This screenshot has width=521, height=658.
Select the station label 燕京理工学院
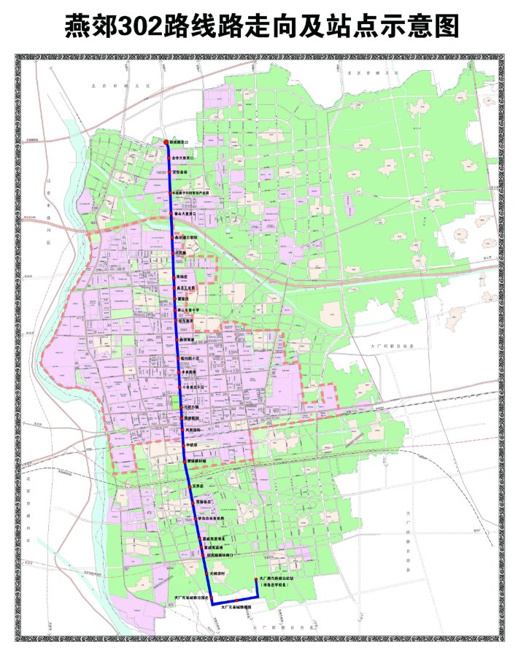coord(187,238)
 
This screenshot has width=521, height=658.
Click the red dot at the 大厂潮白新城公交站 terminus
coord(255,579)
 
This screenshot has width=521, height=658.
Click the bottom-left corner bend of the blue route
coord(212,604)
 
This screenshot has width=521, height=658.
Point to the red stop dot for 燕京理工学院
coord(172,239)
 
